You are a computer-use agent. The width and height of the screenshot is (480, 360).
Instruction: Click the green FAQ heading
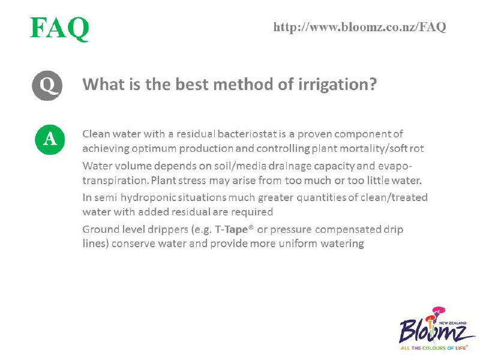coord(59,28)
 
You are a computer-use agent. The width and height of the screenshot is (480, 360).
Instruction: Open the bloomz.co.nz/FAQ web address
coord(359,27)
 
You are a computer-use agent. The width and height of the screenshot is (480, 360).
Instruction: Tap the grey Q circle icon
coord(47,86)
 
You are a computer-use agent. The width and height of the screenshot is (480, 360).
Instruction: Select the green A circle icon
coord(50,140)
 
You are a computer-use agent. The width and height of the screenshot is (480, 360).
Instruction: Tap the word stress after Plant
coord(192,181)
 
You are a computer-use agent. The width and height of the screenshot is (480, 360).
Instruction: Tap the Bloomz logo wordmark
coord(432,331)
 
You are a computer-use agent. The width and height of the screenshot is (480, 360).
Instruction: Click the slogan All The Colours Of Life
coord(434,348)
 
